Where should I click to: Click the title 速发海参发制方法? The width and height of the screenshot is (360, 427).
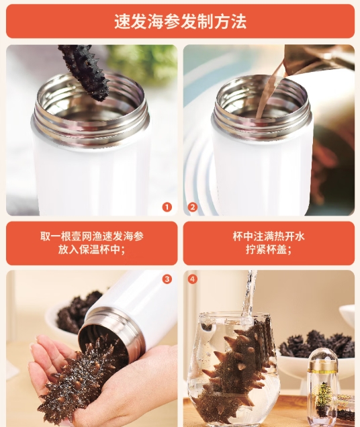180,21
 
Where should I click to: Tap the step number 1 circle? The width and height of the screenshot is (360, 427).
167,207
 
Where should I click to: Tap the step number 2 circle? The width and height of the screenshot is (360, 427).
192,207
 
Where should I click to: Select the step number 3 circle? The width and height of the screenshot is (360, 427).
167,279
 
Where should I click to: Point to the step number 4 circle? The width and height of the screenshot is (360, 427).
192,279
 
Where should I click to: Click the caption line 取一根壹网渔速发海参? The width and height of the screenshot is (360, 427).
92,236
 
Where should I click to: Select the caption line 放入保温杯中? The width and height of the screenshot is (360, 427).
92,249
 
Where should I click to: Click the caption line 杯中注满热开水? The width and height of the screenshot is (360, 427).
269,236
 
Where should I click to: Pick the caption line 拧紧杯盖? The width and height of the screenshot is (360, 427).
269,249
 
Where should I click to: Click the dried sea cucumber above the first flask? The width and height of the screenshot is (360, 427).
85,72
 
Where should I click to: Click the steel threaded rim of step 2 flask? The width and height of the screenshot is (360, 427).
262,120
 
